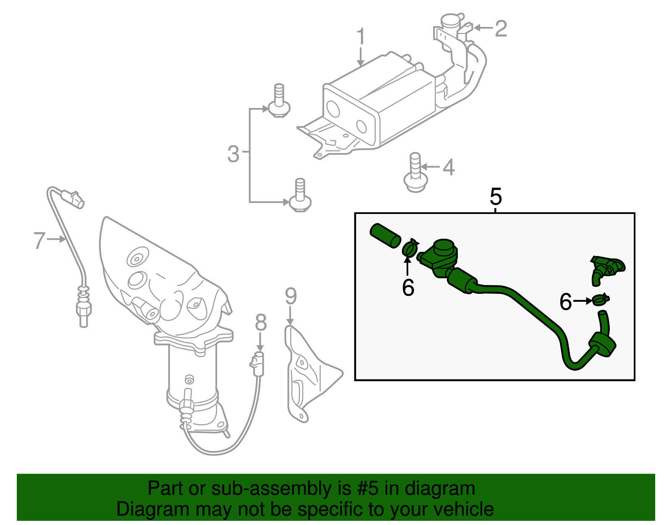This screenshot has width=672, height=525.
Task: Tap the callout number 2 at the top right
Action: (501, 29)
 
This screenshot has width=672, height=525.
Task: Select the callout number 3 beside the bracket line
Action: (233, 154)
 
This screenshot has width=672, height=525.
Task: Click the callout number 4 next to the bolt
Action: (449, 167)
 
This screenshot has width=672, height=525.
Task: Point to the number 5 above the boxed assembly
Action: (496, 196)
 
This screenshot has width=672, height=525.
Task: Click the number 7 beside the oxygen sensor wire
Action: (39, 240)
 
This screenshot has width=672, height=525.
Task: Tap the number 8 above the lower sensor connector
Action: (260, 323)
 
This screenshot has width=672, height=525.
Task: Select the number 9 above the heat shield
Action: (291, 296)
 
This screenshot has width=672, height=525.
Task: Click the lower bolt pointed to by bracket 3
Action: (300, 197)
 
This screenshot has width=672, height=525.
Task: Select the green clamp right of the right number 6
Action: (601, 300)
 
